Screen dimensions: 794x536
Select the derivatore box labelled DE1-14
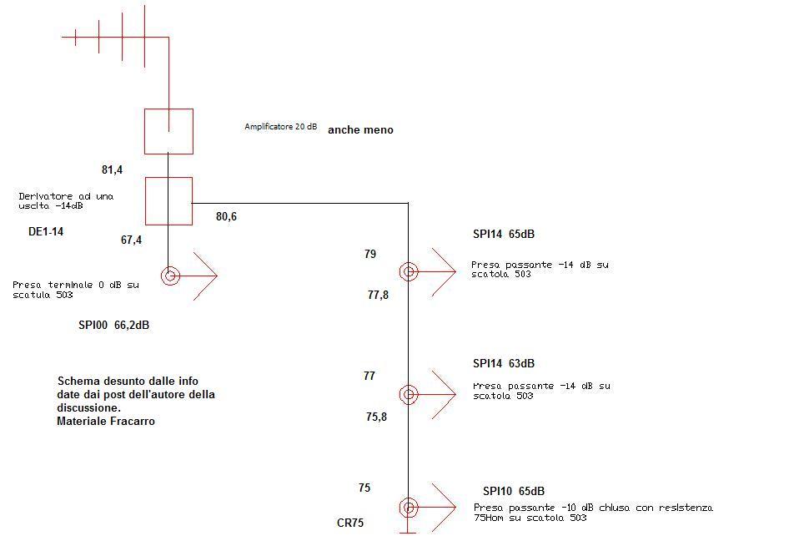pos(145,201)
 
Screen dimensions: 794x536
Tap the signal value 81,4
pos(112,169)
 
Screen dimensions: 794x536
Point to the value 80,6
pos(226,216)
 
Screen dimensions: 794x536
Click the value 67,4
pos(131,240)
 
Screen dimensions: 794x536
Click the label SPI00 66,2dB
pos(114,325)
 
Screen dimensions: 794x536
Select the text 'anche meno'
pos(360,129)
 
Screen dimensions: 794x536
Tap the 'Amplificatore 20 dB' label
pos(281,126)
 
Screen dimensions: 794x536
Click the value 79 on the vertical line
pos(370,254)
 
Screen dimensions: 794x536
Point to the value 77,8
pos(378,295)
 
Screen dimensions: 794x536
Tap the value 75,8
pos(376,417)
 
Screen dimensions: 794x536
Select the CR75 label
pos(350,523)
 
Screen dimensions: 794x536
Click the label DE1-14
pos(46,232)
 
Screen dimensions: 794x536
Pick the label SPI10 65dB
pos(514,491)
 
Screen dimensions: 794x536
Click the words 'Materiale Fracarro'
pos(106,421)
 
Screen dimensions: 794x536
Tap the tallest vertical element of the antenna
pos(145,37)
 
